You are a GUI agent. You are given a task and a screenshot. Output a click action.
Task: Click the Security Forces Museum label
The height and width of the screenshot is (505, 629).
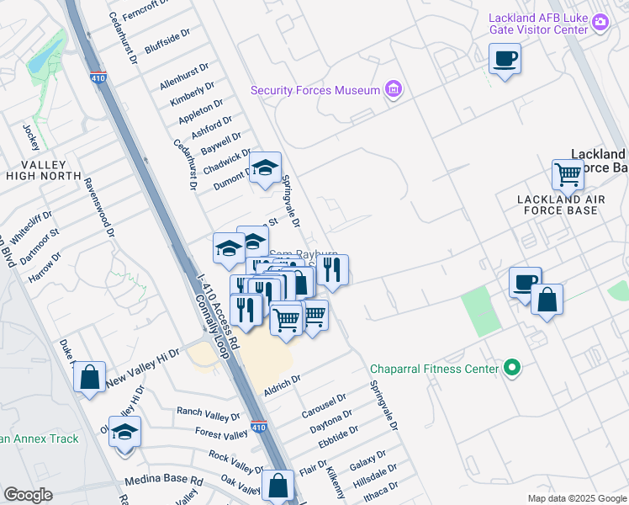point(315,90)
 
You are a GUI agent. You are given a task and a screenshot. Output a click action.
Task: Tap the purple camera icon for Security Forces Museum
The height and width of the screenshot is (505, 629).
point(393,88)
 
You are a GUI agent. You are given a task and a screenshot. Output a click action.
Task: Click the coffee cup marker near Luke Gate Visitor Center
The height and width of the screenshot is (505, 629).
point(505,59)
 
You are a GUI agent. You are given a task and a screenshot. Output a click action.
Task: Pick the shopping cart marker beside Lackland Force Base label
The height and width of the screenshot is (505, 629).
point(568,175)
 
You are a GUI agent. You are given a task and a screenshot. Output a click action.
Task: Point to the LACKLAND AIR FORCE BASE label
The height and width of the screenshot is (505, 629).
point(561,204)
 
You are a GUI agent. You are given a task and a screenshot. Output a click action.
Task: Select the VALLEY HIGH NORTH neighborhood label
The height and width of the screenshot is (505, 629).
point(42,169)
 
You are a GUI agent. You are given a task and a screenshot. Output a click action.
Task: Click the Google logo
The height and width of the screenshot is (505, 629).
point(29,495)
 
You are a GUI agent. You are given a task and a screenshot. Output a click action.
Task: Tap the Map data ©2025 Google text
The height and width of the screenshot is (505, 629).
point(576,498)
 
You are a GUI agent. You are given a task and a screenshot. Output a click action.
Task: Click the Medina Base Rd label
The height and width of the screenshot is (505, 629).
point(164,481)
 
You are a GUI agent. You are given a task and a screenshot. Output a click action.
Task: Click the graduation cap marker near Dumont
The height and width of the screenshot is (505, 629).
point(266,167)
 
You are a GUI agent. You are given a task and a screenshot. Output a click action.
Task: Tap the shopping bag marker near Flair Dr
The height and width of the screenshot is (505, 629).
point(277,485)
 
